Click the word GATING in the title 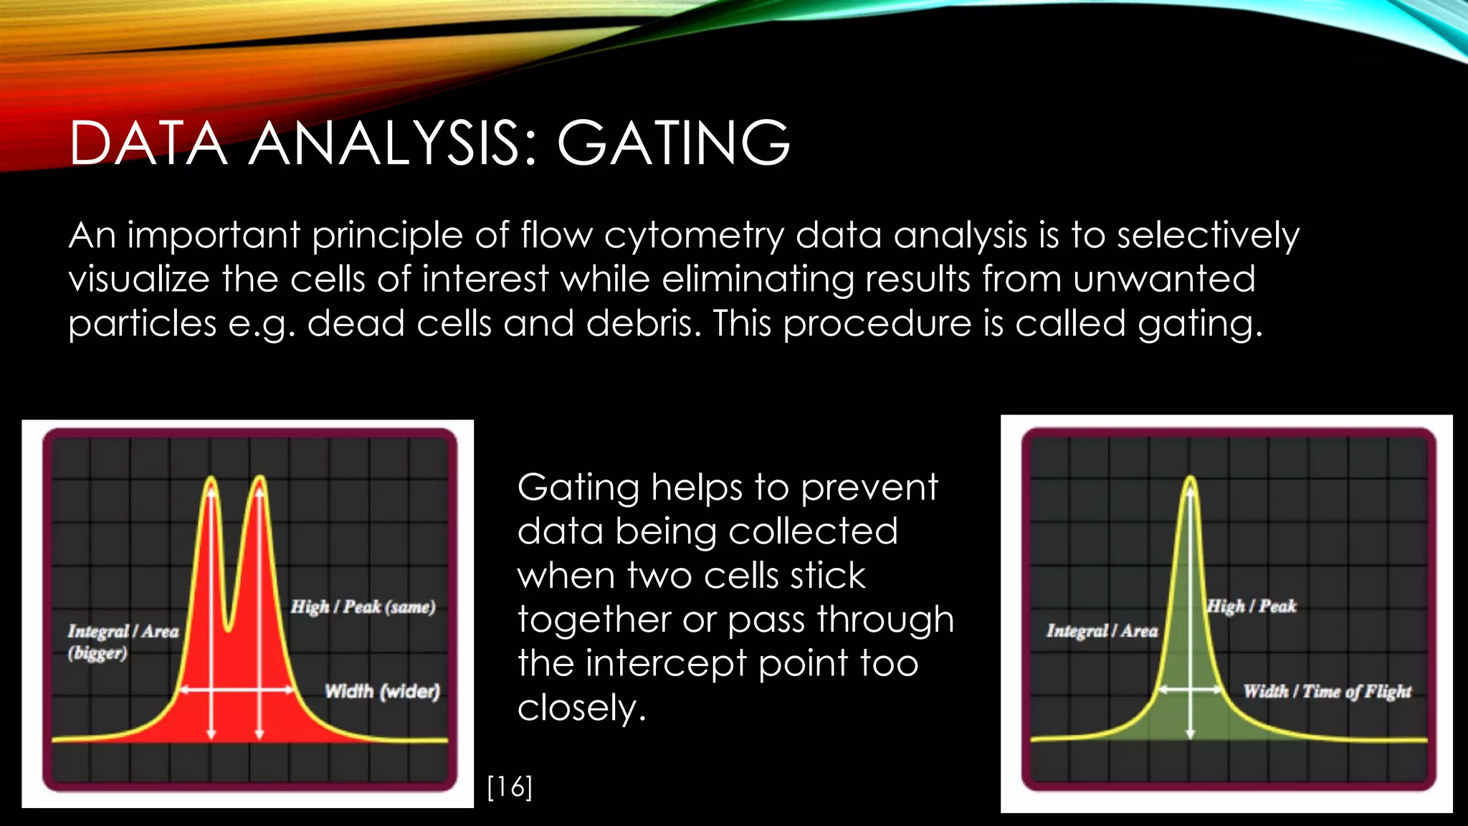(673, 143)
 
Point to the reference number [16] (510, 787)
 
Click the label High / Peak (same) (363, 607)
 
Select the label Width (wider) (382, 691)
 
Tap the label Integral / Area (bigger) (123, 641)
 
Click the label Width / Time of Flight (1327, 691)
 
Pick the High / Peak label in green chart (1252, 607)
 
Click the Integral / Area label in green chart (1102, 631)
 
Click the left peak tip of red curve (211, 478)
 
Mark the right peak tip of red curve (259, 478)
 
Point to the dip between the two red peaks (229, 628)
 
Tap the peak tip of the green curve (1191, 478)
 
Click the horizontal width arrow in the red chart (237, 690)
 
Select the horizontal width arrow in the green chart (1191, 689)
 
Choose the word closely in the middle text (581, 708)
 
